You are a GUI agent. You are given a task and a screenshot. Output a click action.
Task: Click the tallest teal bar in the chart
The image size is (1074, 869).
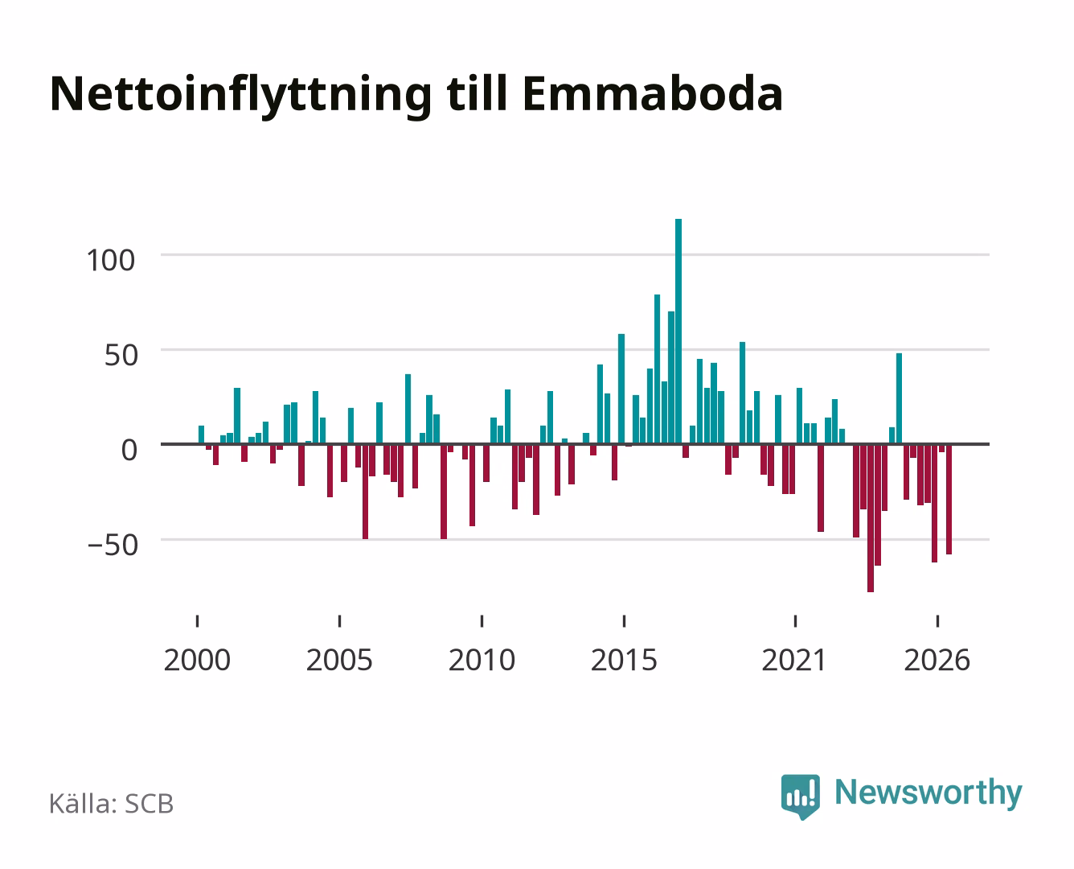pyautogui.click(x=678, y=332)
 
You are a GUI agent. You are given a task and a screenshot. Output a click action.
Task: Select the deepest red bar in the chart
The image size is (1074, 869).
pyautogui.click(x=871, y=518)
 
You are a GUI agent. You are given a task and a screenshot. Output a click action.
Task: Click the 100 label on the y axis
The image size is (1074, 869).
pyautogui.click(x=111, y=261)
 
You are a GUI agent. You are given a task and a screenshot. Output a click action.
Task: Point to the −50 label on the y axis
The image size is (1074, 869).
pyautogui.click(x=113, y=546)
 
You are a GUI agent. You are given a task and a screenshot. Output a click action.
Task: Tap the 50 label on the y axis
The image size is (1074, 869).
pyautogui.click(x=121, y=356)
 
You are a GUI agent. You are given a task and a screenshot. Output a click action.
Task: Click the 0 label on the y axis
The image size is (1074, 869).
pyautogui.click(x=129, y=450)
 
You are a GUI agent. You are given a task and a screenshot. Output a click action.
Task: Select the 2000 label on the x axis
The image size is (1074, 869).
pyautogui.click(x=197, y=660)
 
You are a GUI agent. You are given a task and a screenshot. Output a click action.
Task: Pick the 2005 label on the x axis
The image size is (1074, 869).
pyautogui.click(x=339, y=660)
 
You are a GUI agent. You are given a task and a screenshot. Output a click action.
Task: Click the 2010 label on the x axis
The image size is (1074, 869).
pyautogui.click(x=482, y=660)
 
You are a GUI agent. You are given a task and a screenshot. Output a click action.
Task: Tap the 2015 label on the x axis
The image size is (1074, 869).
pyautogui.click(x=625, y=660)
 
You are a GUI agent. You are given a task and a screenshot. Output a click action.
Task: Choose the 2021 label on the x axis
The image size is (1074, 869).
pyautogui.click(x=794, y=660)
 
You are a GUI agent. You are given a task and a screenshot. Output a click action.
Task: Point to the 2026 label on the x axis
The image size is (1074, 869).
pyautogui.click(x=937, y=660)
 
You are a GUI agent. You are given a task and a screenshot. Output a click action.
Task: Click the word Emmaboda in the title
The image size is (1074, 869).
pyautogui.click(x=653, y=94)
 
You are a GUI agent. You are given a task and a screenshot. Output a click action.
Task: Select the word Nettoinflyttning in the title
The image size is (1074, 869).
pyautogui.click(x=241, y=97)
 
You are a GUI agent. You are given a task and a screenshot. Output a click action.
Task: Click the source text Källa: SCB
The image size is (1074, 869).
pyautogui.click(x=112, y=804)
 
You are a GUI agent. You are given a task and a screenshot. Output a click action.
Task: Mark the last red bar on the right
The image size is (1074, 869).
pyautogui.click(x=949, y=500)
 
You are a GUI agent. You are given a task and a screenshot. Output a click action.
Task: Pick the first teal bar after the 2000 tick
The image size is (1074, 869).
pyautogui.click(x=201, y=435)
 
